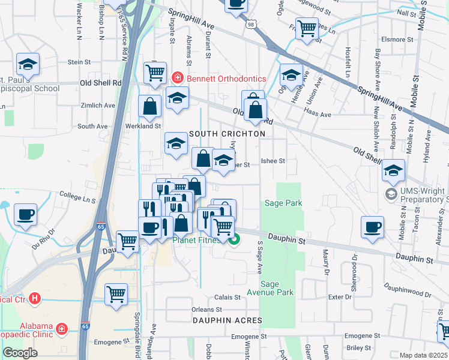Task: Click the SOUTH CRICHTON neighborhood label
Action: pyautogui.click(x=227, y=133)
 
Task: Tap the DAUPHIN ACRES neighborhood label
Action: pyautogui.click(x=228, y=320)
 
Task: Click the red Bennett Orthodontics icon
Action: pyautogui.click(x=177, y=78)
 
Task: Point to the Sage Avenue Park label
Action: pyautogui.click(x=277, y=288)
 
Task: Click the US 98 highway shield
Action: pyautogui.click(x=250, y=23)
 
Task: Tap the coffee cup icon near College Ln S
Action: pyautogui.click(x=25, y=215)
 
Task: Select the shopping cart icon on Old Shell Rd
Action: pyautogui.click(x=155, y=73)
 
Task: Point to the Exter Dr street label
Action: pyautogui.click(x=339, y=297)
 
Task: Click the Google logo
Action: pyautogui.click(x=20, y=353)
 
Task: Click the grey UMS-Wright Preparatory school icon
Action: pyautogui.click(x=391, y=194)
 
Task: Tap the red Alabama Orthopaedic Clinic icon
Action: pyautogui.click(x=62, y=328)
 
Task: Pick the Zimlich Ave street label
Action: pyautogui.click(x=97, y=105)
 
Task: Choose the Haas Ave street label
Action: pyautogui.click(x=318, y=115)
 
